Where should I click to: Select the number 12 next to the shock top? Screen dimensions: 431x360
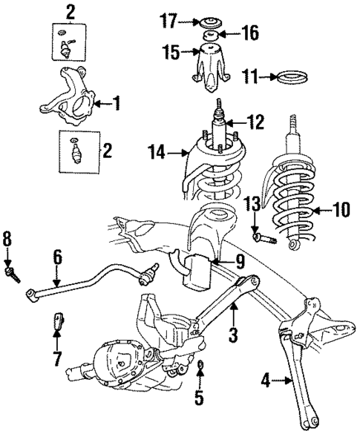[x=255, y=122]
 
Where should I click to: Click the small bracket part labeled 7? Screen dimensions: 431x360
[x=56, y=324]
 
